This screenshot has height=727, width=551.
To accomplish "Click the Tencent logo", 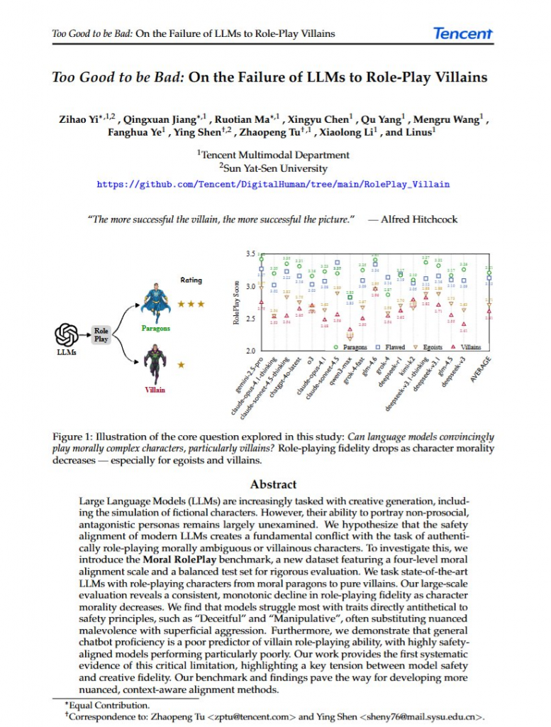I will [462, 33].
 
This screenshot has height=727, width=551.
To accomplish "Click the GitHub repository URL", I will [273, 185].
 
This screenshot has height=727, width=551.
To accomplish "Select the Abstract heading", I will [273, 484].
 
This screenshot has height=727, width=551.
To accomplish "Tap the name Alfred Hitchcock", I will [419, 219].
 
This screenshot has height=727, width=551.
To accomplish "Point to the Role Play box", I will [101, 335].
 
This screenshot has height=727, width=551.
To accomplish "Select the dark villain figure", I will [155, 364].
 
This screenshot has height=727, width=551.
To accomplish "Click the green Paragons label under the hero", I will [155, 329].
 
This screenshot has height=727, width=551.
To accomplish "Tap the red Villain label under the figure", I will [155, 390].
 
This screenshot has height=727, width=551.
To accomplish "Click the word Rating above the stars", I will [191, 280].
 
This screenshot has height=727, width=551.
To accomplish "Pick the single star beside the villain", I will [181, 364].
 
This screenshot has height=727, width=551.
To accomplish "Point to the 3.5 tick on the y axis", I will [250, 254].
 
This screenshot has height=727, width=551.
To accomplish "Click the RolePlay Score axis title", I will [237, 302].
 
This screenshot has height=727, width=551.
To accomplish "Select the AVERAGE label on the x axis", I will [482, 369].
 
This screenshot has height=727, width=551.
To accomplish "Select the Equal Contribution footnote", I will [109, 705].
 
